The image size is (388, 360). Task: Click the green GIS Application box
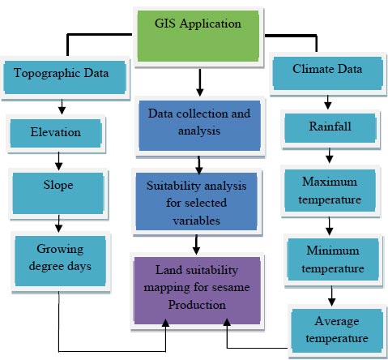(198, 36)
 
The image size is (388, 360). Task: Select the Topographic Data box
(65, 77)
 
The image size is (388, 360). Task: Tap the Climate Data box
(328, 73)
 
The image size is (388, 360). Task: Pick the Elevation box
(56, 134)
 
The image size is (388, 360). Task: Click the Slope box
(58, 193)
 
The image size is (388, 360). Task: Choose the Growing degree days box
(60, 261)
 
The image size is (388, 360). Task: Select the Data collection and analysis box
(199, 126)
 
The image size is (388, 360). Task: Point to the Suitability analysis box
(196, 202)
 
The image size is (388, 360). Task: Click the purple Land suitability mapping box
(197, 290)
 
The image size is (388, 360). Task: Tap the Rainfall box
(330, 128)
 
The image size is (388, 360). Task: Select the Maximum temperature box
(330, 191)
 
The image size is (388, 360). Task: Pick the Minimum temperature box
(333, 259)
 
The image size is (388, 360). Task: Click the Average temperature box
(337, 331)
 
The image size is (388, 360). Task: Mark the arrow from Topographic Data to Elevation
(62, 107)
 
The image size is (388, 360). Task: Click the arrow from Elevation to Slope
(58, 161)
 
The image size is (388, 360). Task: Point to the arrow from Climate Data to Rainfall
(328, 102)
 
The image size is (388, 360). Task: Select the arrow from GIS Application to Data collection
(200, 83)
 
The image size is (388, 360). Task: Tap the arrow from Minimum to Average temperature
(332, 296)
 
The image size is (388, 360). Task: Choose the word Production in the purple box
(197, 305)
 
